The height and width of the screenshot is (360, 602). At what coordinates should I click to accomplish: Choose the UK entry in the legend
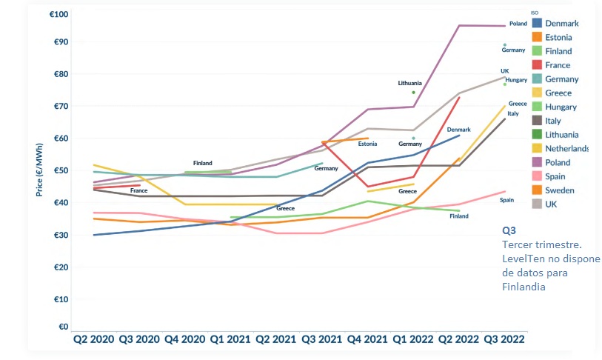point(552,204)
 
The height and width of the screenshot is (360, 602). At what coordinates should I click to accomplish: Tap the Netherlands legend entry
point(566,148)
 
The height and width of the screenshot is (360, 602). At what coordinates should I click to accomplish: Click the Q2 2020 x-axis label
point(93,339)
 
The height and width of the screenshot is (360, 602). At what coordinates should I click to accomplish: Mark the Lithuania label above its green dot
point(409,83)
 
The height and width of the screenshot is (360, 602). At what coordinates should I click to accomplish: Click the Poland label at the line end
point(518,24)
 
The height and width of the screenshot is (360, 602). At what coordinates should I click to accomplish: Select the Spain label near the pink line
point(506,200)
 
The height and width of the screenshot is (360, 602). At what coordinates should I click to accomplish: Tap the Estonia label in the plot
point(368,144)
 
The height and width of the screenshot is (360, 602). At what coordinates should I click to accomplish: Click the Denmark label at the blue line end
point(458,130)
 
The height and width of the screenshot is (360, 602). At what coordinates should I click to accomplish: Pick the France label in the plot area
point(138,191)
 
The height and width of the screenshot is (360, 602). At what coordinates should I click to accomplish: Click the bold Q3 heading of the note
point(509,230)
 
